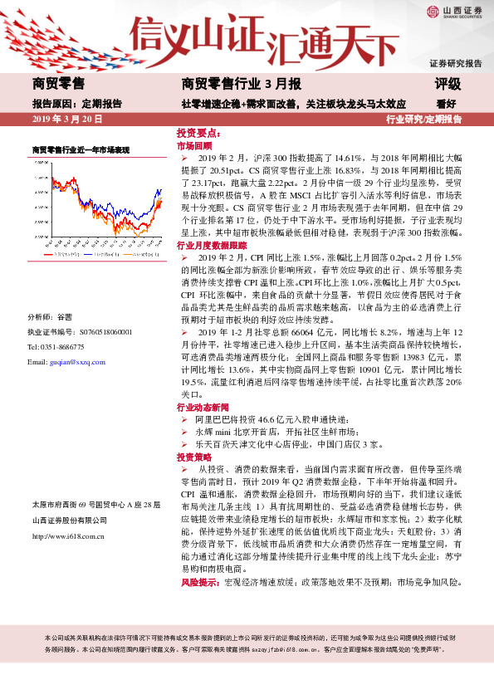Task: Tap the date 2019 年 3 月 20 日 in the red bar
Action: coord(66,120)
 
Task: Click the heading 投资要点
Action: coord(197,133)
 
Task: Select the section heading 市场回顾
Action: coord(193,144)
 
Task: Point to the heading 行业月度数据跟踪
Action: coord(212,247)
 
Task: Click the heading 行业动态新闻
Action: coord(205,408)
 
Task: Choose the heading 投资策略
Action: coord(193,457)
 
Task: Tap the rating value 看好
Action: coord(446,104)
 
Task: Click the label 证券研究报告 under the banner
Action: coord(455,63)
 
